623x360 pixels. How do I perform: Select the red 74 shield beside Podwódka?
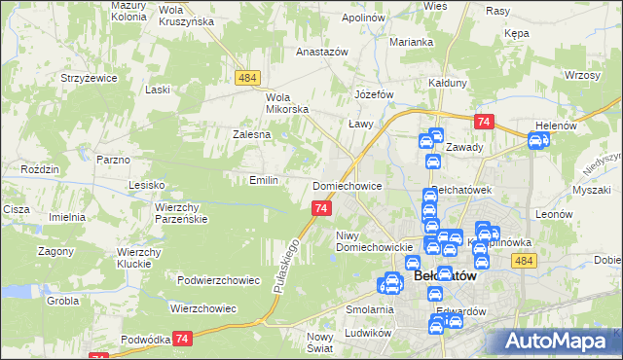(182, 338)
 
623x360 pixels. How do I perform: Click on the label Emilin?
(265, 180)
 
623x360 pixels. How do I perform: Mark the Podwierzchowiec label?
(218, 280)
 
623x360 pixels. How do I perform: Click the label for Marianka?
(412, 42)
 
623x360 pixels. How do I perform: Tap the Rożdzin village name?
(42, 169)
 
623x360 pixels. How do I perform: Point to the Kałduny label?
(449, 83)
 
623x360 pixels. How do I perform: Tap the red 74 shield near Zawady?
(484, 122)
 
